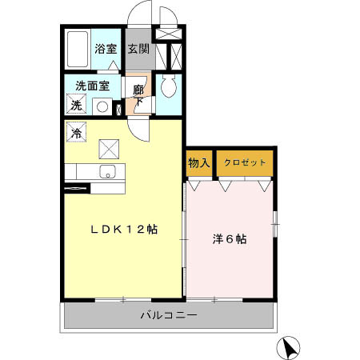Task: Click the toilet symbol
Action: pos(167,86)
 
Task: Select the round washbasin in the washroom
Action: pos(102,105)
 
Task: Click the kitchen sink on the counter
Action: pos(107,171)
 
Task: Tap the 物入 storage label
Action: pos(198,163)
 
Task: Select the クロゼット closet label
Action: pos(245,163)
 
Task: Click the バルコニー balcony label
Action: pos(170,314)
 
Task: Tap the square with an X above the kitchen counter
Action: pos(109,148)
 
